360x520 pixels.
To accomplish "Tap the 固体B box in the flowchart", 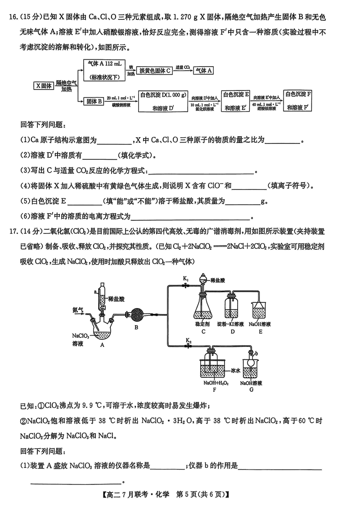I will point(94,101).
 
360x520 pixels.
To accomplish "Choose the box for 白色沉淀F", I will point(300,101).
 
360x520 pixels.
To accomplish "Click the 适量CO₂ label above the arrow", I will point(182,66).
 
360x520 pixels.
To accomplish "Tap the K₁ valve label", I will point(186,279).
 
